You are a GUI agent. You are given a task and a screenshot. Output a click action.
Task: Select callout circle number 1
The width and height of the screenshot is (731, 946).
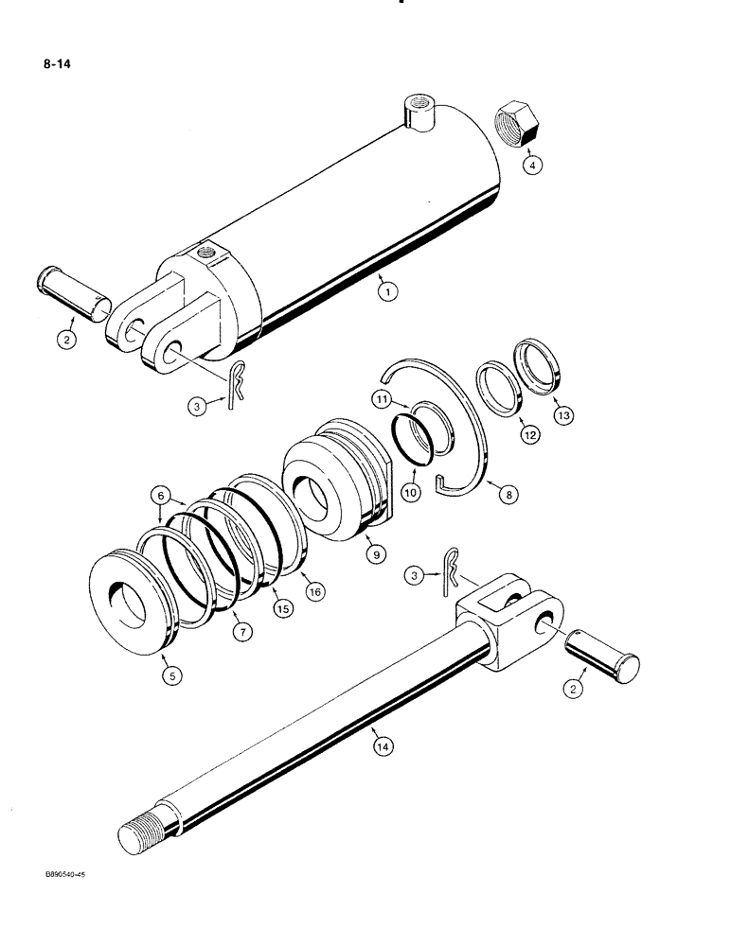tap(384, 292)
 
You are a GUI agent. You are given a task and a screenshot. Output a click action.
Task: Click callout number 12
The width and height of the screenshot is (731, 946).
tap(528, 434)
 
